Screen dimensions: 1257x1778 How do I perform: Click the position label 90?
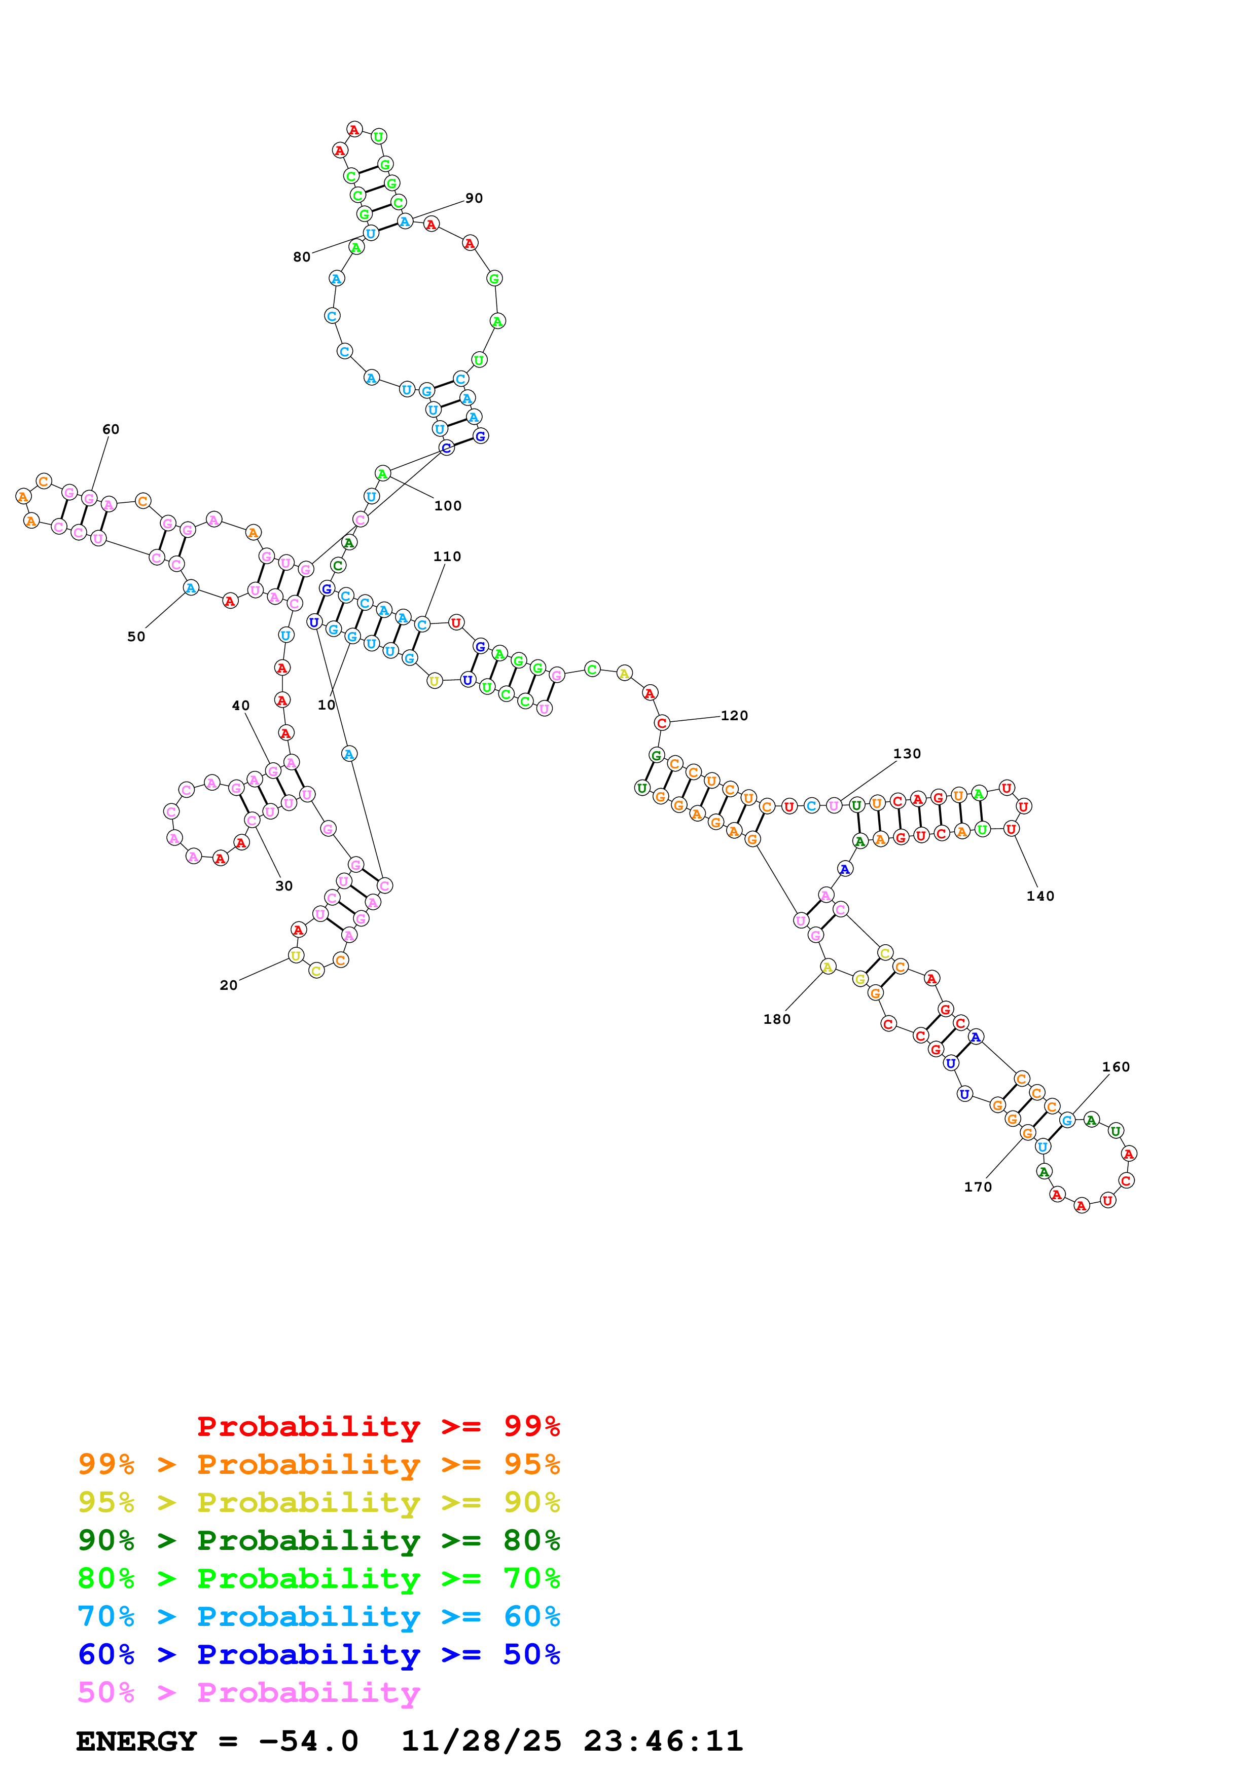474,198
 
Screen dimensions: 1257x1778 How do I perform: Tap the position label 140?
1040,896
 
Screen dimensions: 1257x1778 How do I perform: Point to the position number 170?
978,1187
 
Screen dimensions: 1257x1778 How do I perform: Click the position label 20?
229,985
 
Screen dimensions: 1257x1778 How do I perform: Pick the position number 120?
734,716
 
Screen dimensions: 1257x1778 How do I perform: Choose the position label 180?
777,1019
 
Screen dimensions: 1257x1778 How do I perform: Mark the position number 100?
448,506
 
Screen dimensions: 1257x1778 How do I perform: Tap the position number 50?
136,637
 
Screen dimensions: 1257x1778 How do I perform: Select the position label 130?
907,754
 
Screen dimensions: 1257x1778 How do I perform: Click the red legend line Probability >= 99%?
378,1426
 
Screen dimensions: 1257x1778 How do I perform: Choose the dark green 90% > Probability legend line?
318,1540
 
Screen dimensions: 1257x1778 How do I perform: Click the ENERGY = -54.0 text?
217,1741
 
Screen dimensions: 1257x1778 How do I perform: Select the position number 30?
284,886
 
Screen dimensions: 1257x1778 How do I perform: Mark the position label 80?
301,257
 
